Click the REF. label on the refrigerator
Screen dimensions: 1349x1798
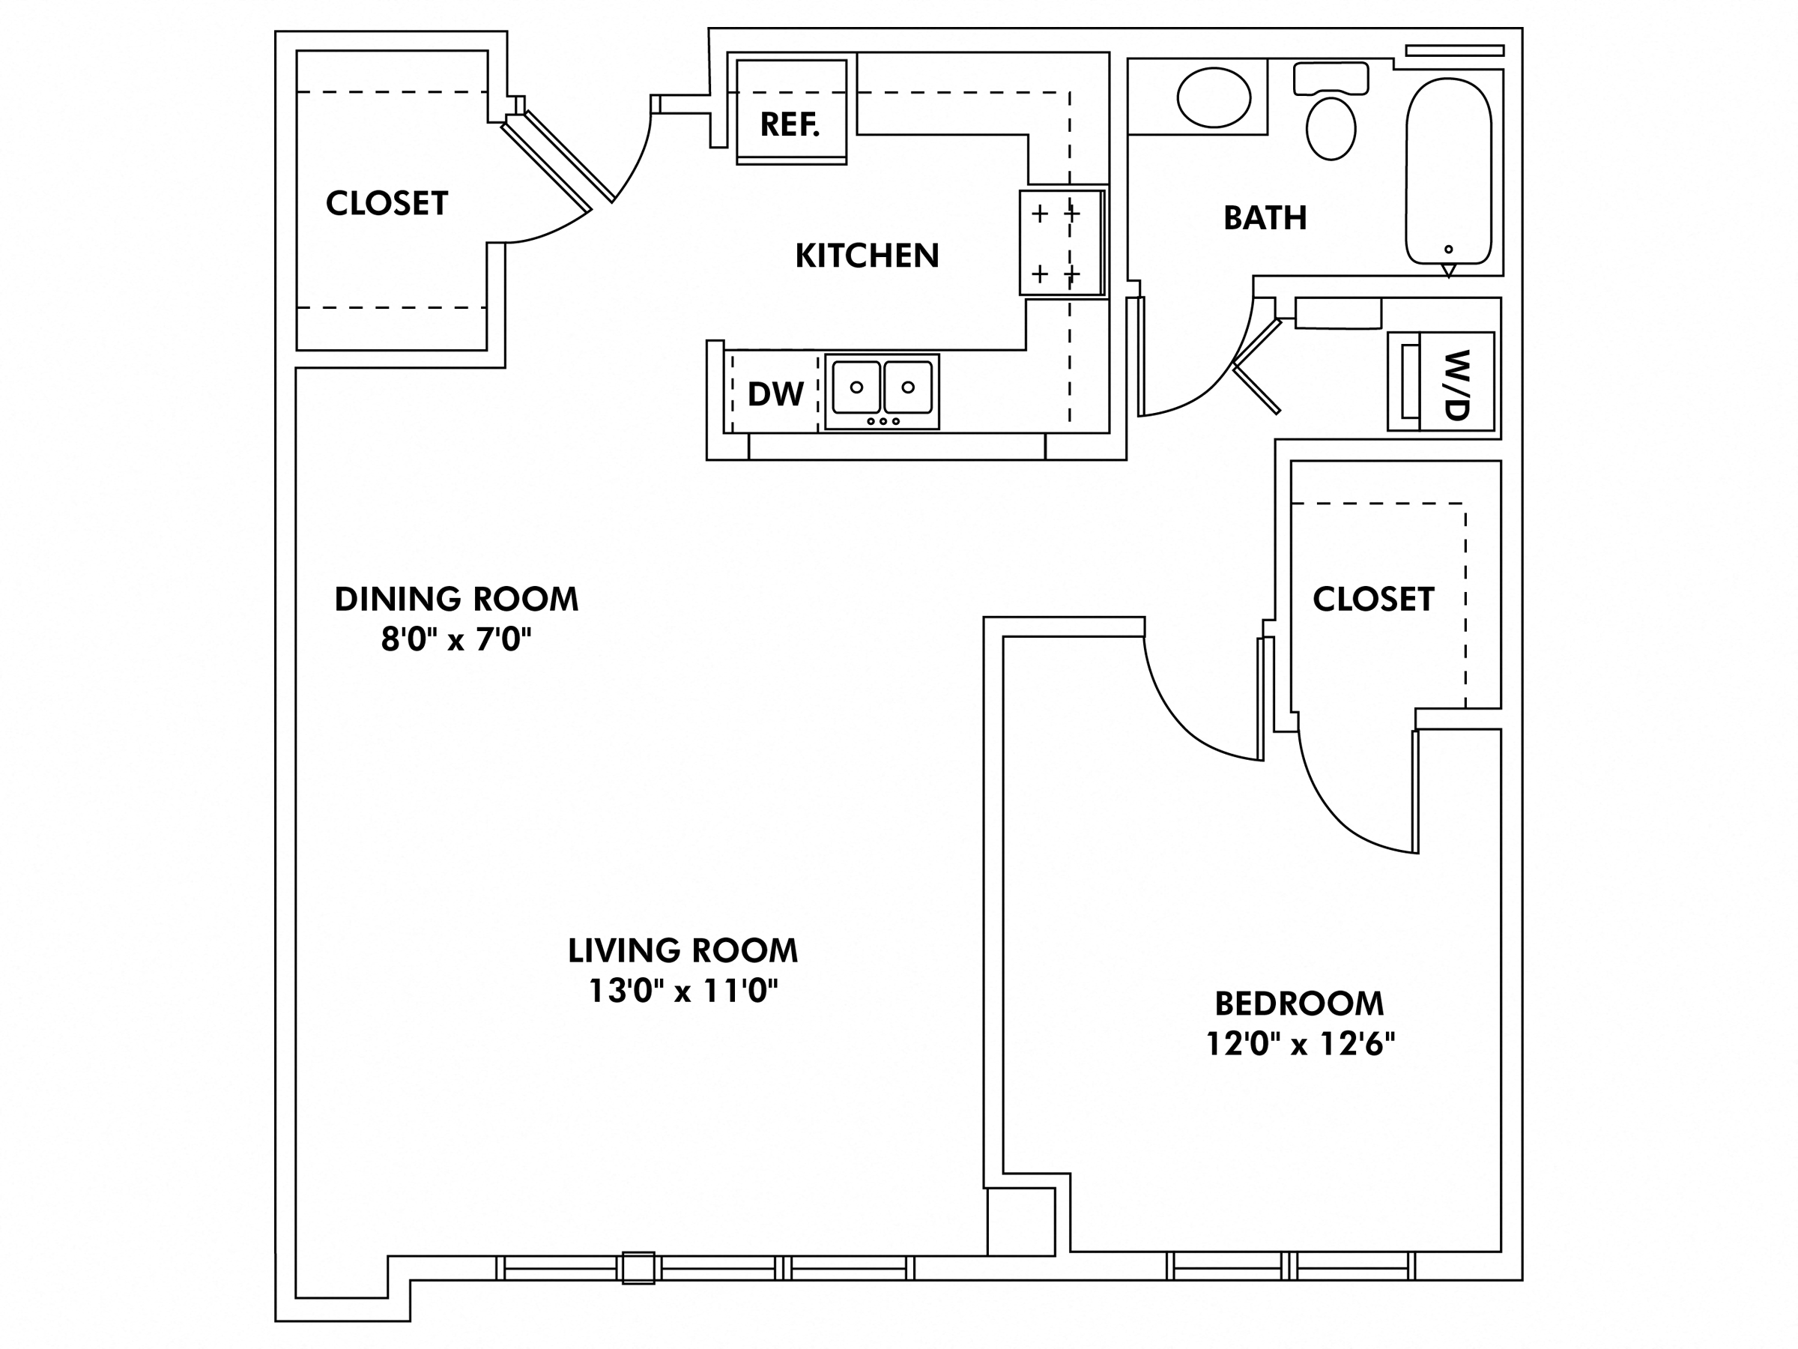tap(790, 124)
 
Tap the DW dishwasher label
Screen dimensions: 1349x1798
tap(775, 394)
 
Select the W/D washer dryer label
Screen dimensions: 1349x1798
tap(1457, 384)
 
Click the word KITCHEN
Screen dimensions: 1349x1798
tap(867, 256)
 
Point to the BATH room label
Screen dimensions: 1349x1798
tap(1265, 218)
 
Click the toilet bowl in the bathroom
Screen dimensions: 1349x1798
tap(1331, 128)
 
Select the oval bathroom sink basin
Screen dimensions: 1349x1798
tap(1214, 97)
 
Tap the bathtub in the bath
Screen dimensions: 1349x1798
tap(1448, 171)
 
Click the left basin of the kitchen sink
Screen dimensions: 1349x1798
tap(856, 387)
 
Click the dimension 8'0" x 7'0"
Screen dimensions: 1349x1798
tap(456, 640)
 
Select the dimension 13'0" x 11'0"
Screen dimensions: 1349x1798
tap(682, 991)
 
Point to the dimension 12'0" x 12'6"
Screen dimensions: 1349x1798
tap(1300, 1043)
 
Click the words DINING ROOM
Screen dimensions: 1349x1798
tap(456, 600)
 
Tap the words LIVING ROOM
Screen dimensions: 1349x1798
tap(682, 950)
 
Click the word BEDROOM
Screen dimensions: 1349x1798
tap(1299, 1004)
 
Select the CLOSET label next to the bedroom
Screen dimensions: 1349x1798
tap(1373, 600)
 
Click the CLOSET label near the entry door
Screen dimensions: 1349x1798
tap(387, 203)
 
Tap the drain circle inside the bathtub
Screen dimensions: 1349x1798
tap(1448, 250)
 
